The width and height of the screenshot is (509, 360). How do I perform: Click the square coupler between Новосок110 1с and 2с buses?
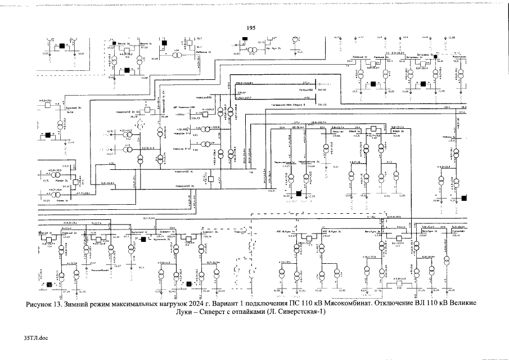210,178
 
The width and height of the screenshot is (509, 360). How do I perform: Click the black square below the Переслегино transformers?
299,193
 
